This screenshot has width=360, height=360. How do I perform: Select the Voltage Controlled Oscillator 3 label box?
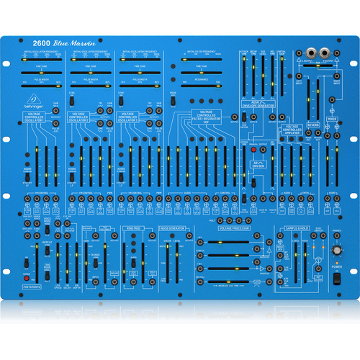(x=132, y=117)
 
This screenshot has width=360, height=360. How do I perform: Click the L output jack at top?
(x=311, y=53)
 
